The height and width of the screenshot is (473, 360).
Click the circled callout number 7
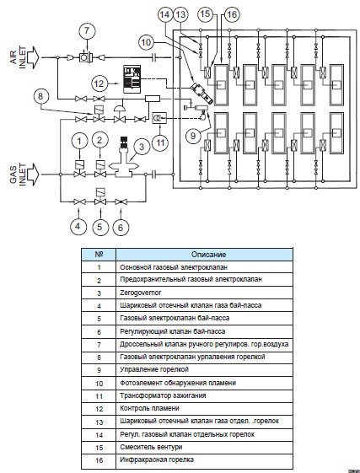(x=87, y=30)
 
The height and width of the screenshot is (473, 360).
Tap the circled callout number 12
(x=99, y=83)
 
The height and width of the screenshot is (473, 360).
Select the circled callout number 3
(x=142, y=147)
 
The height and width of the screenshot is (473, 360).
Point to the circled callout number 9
(x=193, y=136)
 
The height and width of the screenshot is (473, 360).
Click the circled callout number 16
(x=232, y=14)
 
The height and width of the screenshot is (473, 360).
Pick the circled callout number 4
(x=78, y=227)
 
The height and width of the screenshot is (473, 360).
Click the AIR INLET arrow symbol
(x=32, y=57)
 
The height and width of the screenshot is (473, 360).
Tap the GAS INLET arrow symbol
(x=32, y=175)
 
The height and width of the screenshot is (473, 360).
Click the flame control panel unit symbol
(x=132, y=78)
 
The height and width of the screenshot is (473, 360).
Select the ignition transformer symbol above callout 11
(x=159, y=118)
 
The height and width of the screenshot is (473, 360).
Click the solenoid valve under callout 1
(x=80, y=169)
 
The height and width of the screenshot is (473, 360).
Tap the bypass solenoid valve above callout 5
(x=99, y=196)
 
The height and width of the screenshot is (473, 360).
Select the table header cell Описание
(x=204, y=255)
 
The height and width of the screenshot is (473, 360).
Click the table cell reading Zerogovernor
(x=204, y=293)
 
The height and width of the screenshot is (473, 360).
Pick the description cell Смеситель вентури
(x=204, y=447)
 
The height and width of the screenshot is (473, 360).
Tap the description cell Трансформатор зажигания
(x=204, y=395)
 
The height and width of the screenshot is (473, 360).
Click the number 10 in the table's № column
(x=99, y=384)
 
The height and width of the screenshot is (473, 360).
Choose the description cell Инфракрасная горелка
(x=204, y=460)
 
